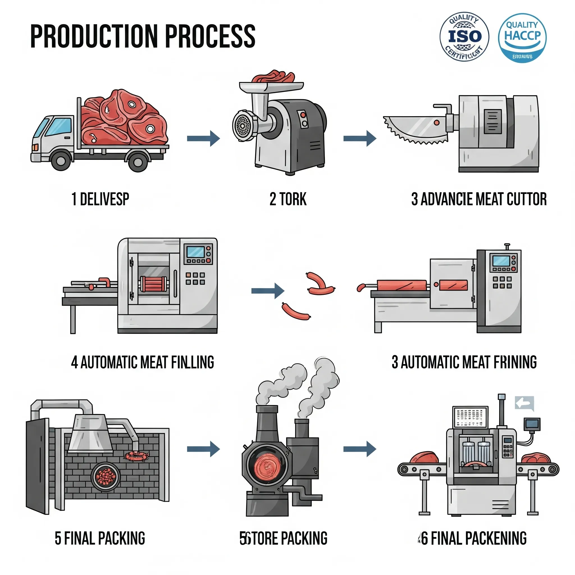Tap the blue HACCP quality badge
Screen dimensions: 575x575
tap(522, 38)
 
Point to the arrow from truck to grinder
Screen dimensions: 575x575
tap(204, 138)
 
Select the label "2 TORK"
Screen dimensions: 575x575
tap(288, 199)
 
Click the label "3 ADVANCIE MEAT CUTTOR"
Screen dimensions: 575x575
tap(479, 199)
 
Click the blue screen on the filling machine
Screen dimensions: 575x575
tap(195, 252)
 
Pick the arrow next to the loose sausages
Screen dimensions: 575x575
tap(268, 291)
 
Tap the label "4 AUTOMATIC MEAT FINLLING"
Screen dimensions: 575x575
tap(143, 362)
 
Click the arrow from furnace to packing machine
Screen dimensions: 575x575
tap(360, 449)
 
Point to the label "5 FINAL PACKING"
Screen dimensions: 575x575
tap(100, 538)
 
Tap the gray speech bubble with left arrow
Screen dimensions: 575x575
tap(524, 403)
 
